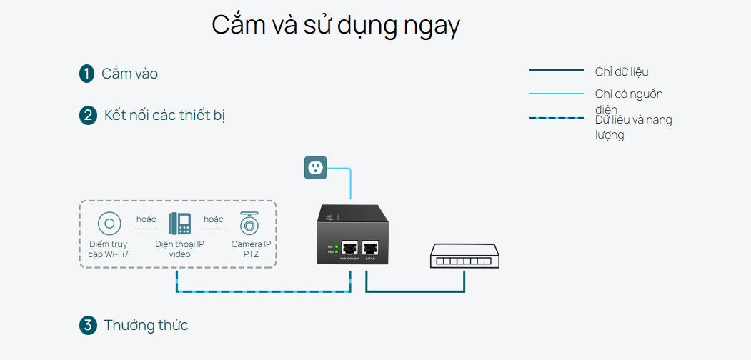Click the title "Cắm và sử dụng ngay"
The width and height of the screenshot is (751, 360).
(336, 26)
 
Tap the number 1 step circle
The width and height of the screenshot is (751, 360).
(87, 74)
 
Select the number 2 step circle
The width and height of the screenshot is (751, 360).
(88, 116)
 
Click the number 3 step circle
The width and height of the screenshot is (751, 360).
(87, 326)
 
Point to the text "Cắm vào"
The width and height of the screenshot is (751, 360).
(129, 74)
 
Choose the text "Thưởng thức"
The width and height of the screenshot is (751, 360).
(146, 326)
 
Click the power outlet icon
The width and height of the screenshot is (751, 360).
(316, 168)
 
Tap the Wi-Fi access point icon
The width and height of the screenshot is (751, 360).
(109, 224)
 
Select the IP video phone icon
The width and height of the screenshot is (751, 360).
(179, 224)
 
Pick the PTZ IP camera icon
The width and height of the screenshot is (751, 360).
(249, 223)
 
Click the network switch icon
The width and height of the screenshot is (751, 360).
(464, 256)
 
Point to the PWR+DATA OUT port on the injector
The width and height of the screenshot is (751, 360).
(350, 249)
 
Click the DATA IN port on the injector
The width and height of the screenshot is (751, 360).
(370, 249)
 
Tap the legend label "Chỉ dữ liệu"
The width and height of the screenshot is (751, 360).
(622, 71)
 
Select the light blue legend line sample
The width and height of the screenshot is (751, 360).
(556, 94)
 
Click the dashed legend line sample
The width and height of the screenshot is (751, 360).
(556, 118)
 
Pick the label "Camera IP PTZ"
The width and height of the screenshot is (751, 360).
(251, 249)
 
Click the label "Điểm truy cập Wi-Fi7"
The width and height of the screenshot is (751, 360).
(109, 249)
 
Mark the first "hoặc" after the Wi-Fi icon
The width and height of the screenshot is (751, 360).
(146, 219)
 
